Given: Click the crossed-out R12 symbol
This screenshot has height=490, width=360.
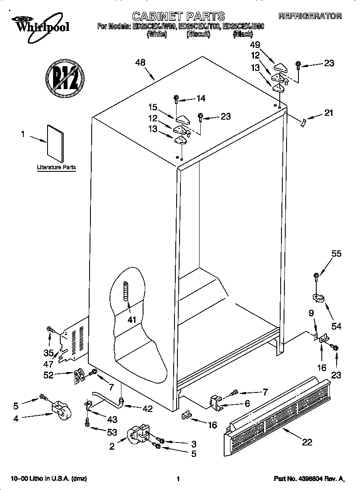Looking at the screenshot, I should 65,77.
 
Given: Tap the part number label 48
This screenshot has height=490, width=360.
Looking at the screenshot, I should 140,62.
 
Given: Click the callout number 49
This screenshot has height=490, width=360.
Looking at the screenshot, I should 255,45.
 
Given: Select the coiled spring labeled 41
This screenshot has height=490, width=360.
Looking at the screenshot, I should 125,291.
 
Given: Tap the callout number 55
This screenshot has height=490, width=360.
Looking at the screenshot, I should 336,254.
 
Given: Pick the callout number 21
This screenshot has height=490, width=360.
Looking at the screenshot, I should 329,113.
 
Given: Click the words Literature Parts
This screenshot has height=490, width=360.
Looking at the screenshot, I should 56,167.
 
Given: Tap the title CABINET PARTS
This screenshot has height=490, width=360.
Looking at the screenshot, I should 178,16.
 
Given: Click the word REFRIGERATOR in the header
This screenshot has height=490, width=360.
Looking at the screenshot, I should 310,17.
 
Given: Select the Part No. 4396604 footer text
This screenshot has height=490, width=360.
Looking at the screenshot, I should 309,479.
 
